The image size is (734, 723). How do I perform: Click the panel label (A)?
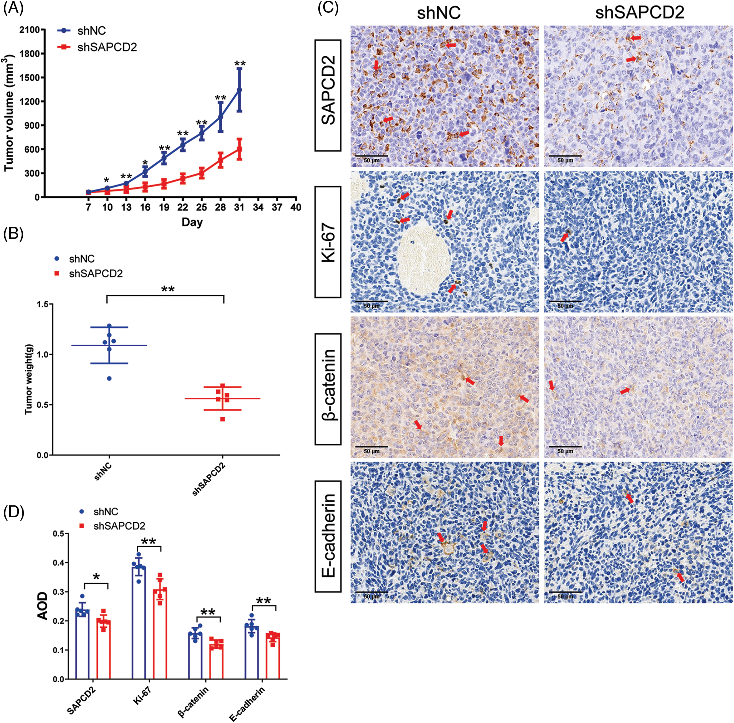[x=13, y=9]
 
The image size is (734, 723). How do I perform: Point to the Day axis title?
[x=192, y=222]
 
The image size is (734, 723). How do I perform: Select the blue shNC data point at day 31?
[x=239, y=89]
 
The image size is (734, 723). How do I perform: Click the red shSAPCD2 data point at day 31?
[x=239, y=149]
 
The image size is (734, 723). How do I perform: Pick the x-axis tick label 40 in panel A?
[x=296, y=207]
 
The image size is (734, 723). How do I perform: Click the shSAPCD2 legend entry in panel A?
[x=107, y=47]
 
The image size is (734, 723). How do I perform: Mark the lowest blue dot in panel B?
[x=109, y=378]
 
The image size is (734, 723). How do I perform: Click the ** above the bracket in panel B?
[x=168, y=289]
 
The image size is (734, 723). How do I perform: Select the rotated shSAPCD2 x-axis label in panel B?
[x=209, y=479]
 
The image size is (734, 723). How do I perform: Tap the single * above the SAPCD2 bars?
[x=96, y=577]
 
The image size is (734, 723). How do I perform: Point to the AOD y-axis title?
[x=42, y=606]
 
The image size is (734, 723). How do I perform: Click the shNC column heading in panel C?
[x=438, y=13]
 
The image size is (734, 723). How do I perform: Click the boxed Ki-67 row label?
[x=328, y=242]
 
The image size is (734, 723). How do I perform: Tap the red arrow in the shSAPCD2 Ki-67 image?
[x=564, y=238]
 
